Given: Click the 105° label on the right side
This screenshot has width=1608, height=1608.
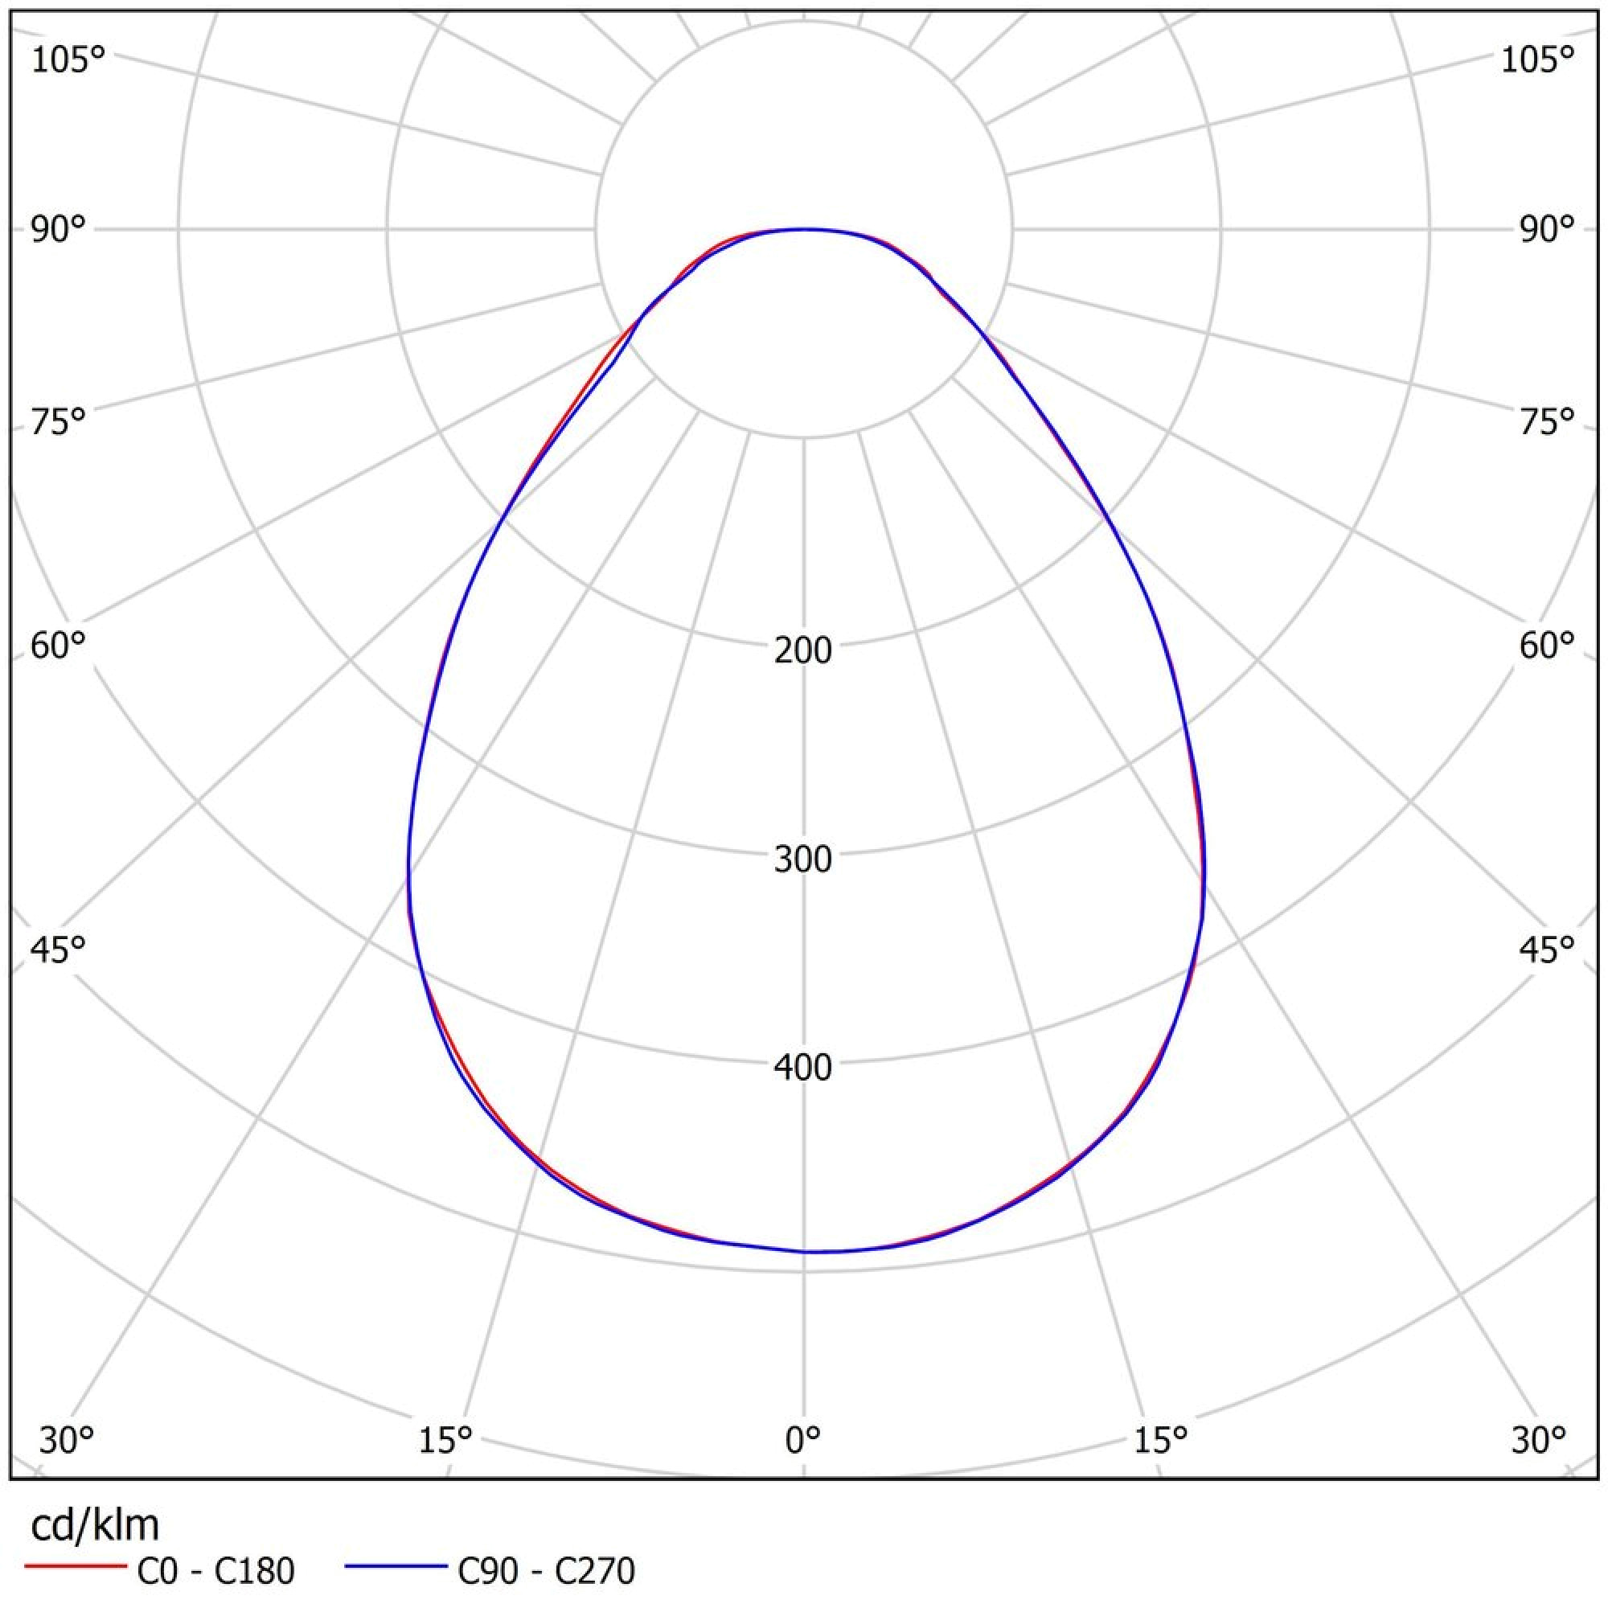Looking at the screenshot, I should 1538,61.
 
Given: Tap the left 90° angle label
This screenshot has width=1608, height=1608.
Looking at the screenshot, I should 58,230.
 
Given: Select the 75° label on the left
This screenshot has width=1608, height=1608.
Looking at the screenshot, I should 58,422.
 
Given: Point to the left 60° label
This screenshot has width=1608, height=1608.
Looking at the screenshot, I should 58,645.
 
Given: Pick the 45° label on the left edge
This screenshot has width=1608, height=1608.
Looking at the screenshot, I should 58,948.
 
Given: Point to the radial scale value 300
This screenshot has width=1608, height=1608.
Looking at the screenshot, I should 803,859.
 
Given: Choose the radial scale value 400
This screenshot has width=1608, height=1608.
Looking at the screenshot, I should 803,1068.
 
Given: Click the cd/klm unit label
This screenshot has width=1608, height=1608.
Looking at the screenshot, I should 95,1526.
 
